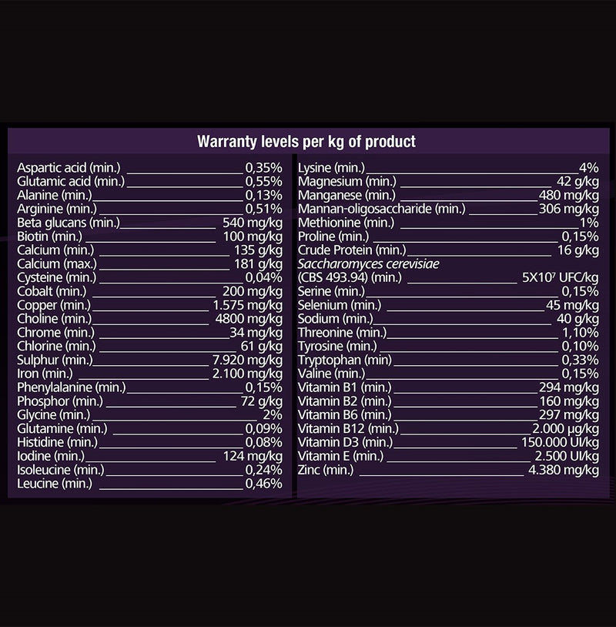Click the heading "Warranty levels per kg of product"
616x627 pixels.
[306, 142]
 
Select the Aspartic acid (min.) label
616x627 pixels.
[69, 168]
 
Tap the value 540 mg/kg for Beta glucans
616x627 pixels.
[253, 223]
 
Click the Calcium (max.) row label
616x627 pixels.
[57, 264]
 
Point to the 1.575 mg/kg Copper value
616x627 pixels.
[247, 305]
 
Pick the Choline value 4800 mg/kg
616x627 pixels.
[249, 319]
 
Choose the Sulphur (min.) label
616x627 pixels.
[55, 360]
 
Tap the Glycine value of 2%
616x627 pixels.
[273, 414]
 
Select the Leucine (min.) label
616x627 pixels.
[55, 484]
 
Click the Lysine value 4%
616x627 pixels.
[589, 168]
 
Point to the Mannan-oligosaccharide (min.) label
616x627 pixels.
[381, 210]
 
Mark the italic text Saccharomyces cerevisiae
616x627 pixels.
[368, 264]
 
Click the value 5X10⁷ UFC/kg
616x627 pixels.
[561, 277]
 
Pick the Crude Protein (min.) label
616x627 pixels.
[352, 250]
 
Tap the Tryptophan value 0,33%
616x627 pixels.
[581, 360]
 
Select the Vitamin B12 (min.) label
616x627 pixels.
[348, 429]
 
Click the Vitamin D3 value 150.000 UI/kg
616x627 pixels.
[560, 442]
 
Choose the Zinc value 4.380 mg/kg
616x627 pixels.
[564, 470]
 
